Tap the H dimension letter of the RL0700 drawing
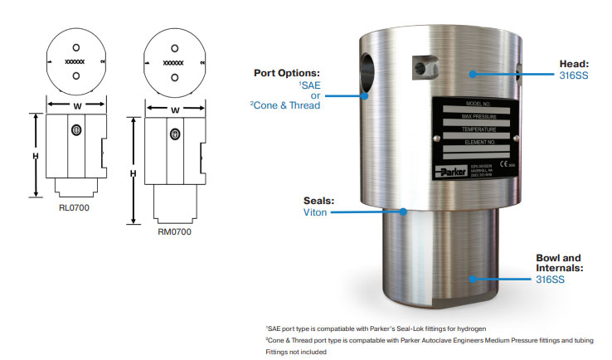[x=36, y=156]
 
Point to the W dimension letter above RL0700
[x=76, y=105]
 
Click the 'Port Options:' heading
[x=286, y=72]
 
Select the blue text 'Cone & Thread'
[x=287, y=105]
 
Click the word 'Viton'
[x=315, y=212]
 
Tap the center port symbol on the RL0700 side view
[x=76, y=130]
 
